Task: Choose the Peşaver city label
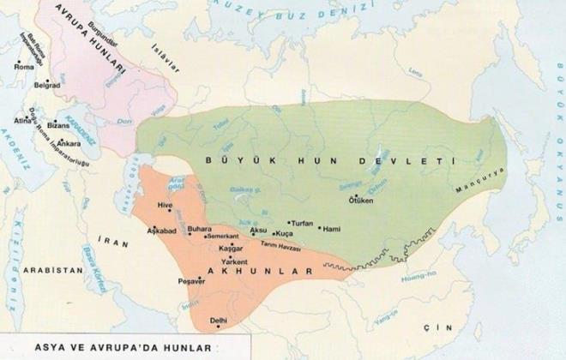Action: [x=188, y=279]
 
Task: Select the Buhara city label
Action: [x=199, y=230]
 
